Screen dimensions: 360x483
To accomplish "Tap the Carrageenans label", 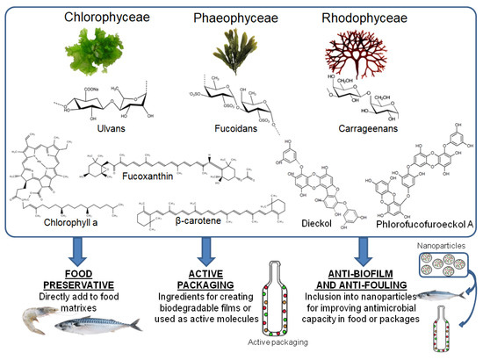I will point(357,128).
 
